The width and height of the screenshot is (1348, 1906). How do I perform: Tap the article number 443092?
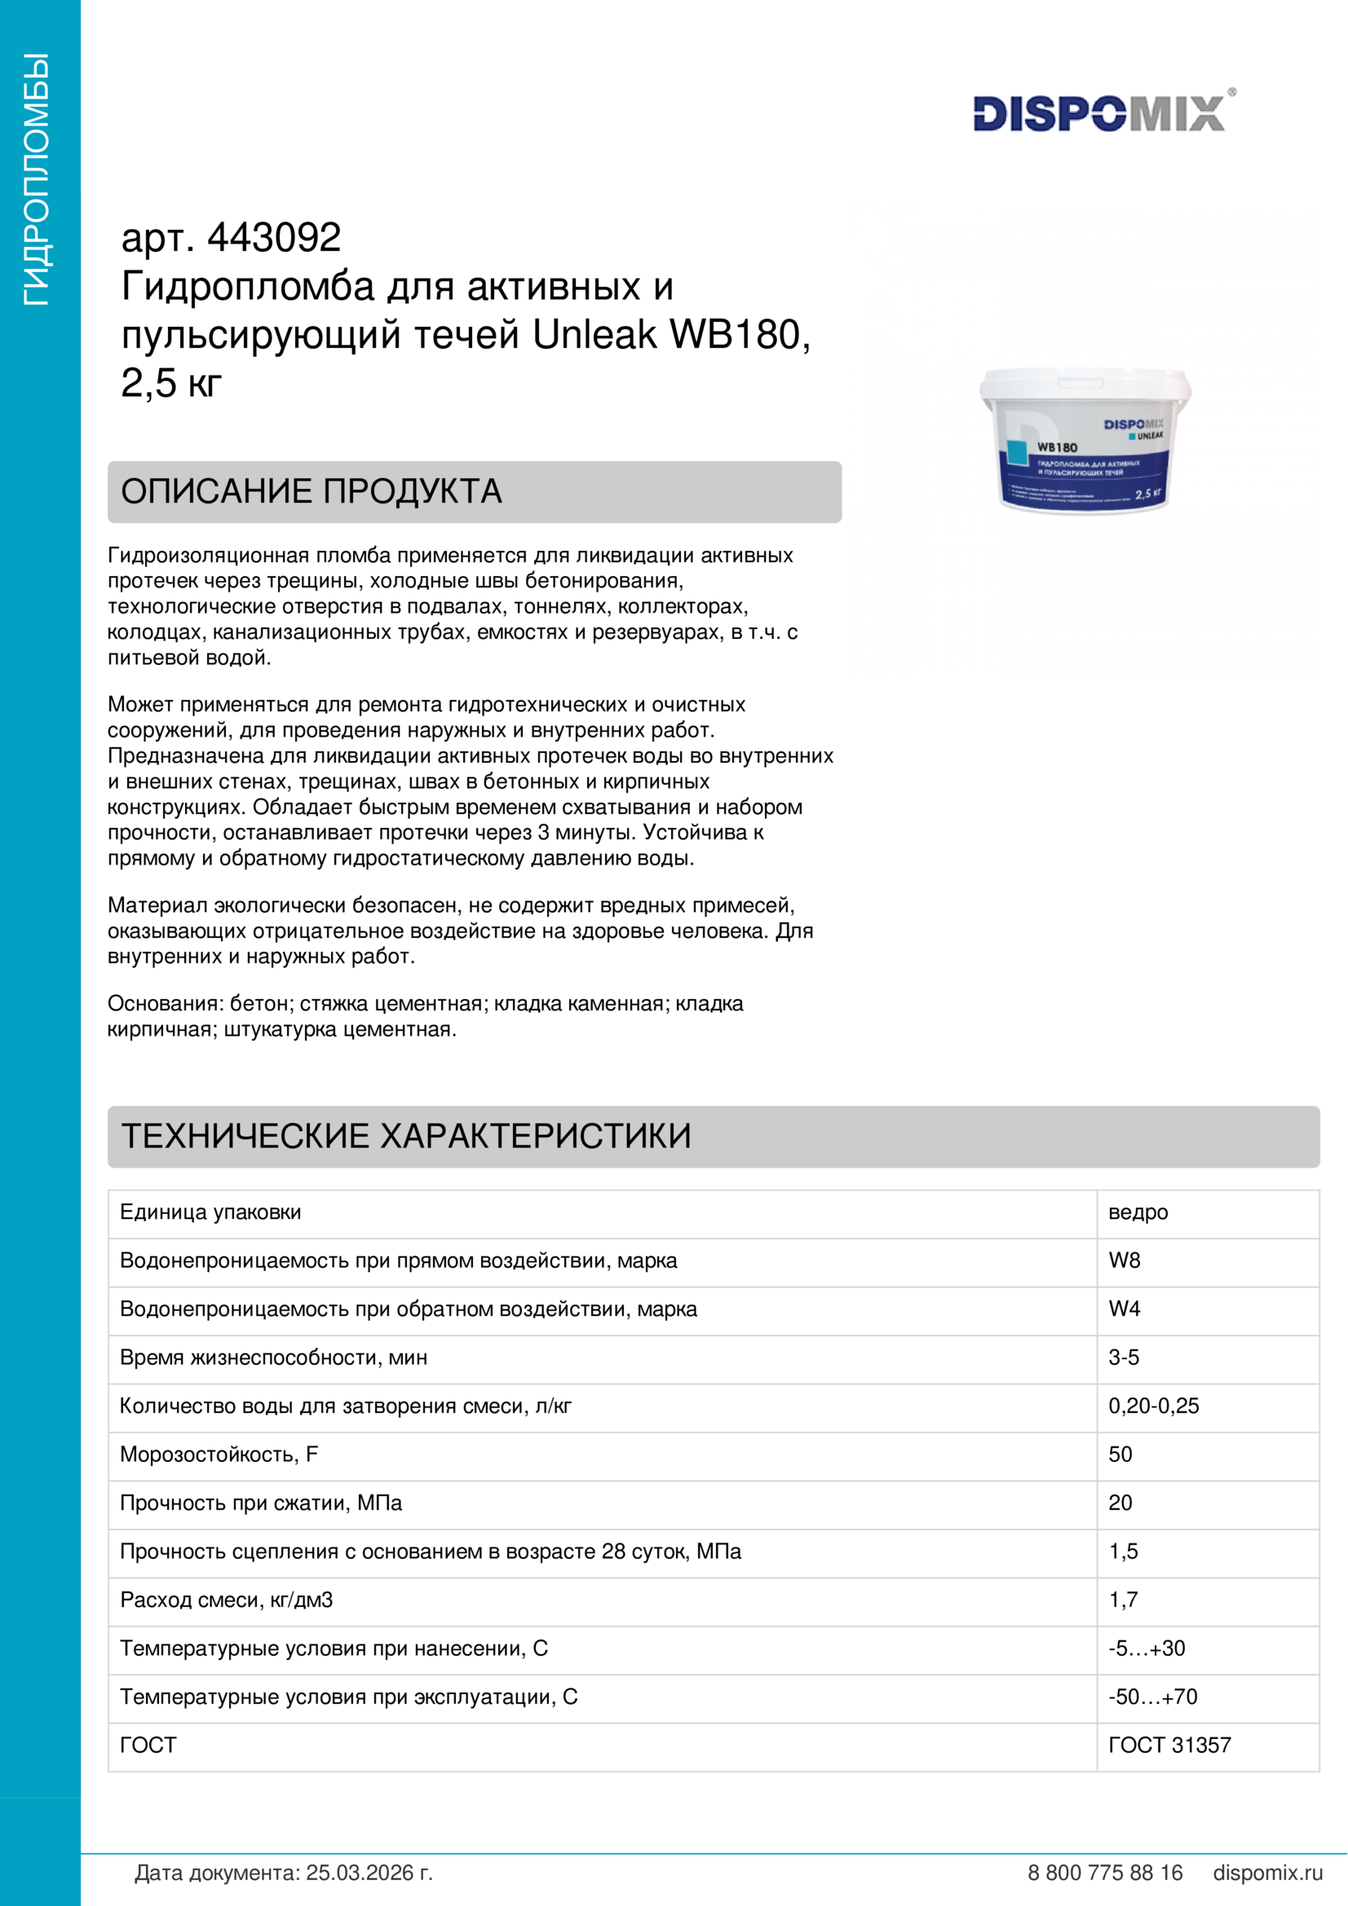tap(273, 238)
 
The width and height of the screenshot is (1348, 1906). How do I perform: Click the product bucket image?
tap(1085, 440)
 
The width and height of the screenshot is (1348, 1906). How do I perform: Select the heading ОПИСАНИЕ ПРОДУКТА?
tap(312, 491)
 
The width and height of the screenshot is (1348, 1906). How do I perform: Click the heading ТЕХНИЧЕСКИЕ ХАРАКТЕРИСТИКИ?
tap(406, 1136)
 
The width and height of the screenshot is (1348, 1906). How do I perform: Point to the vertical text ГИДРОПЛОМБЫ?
tap(38, 179)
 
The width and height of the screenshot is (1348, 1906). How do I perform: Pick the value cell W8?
tap(1124, 1260)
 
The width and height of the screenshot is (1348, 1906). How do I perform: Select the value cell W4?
tap(1124, 1309)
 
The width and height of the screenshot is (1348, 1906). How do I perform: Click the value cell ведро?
tap(1138, 1212)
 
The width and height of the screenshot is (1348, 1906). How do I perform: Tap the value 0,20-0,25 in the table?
tap(1154, 1406)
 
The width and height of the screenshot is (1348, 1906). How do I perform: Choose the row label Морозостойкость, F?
tap(219, 1454)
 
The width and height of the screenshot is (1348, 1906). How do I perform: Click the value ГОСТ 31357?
tap(1169, 1744)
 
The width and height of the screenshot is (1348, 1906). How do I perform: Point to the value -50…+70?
tap(1153, 1696)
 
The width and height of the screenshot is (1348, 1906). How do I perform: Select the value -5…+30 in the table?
tap(1147, 1648)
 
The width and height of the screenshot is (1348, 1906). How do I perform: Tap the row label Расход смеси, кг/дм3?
tap(226, 1600)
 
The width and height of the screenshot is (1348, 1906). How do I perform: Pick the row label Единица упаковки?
tap(210, 1212)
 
